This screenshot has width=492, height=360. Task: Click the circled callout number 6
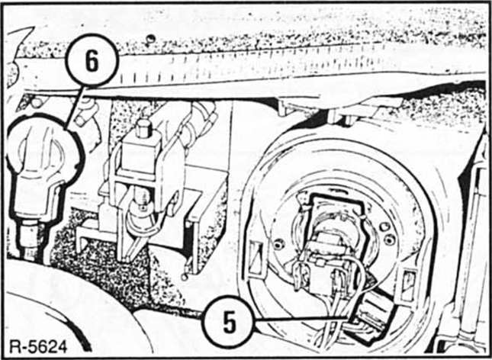point(92,60)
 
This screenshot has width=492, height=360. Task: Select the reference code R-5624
point(38,347)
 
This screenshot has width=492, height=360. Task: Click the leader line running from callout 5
point(301,320)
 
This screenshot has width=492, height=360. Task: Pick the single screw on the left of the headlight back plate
point(278,244)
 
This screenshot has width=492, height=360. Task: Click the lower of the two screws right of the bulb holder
point(389,239)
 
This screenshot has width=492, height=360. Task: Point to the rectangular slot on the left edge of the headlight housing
point(255,257)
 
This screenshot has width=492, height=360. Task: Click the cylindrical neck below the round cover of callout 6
point(29,239)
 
